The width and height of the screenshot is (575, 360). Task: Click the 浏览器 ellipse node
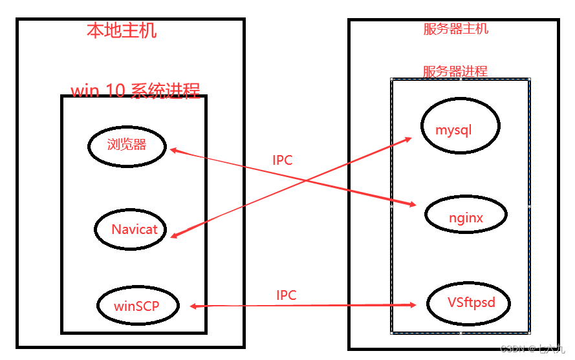click(x=127, y=145)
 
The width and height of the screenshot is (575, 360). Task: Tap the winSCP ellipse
click(x=136, y=306)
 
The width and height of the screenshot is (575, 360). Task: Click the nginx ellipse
click(x=466, y=217)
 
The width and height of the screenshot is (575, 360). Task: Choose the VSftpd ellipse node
click(x=468, y=302)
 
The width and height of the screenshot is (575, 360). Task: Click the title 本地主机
click(x=122, y=30)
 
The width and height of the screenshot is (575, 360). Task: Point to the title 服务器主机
click(x=456, y=29)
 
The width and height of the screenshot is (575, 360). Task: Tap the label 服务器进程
click(x=455, y=71)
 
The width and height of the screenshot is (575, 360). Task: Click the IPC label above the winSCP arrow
click(x=286, y=295)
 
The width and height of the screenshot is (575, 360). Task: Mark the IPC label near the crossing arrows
click(x=283, y=160)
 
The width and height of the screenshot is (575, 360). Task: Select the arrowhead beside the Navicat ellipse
click(x=173, y=237)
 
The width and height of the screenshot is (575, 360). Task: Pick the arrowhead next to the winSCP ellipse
click(x=193, y=306)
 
